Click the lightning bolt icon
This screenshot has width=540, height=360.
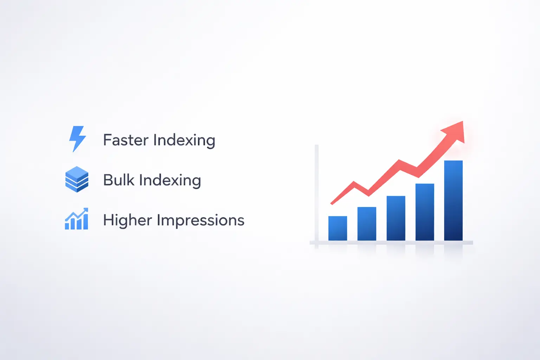coord(77,139)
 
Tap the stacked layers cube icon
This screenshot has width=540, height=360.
coord(77,179)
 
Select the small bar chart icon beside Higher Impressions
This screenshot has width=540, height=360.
coord(77,219)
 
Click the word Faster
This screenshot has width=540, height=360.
coord(126,140)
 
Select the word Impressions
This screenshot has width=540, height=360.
coord(200,220)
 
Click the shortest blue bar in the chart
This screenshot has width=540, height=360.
coord(337,228)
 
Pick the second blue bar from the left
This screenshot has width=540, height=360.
coord(367,224)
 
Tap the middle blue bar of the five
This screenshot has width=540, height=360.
coord(396,218)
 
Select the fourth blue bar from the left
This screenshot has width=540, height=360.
coord(425,212)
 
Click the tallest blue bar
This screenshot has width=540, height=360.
coord(453,200)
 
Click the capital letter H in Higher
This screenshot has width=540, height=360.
coord(108,220)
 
